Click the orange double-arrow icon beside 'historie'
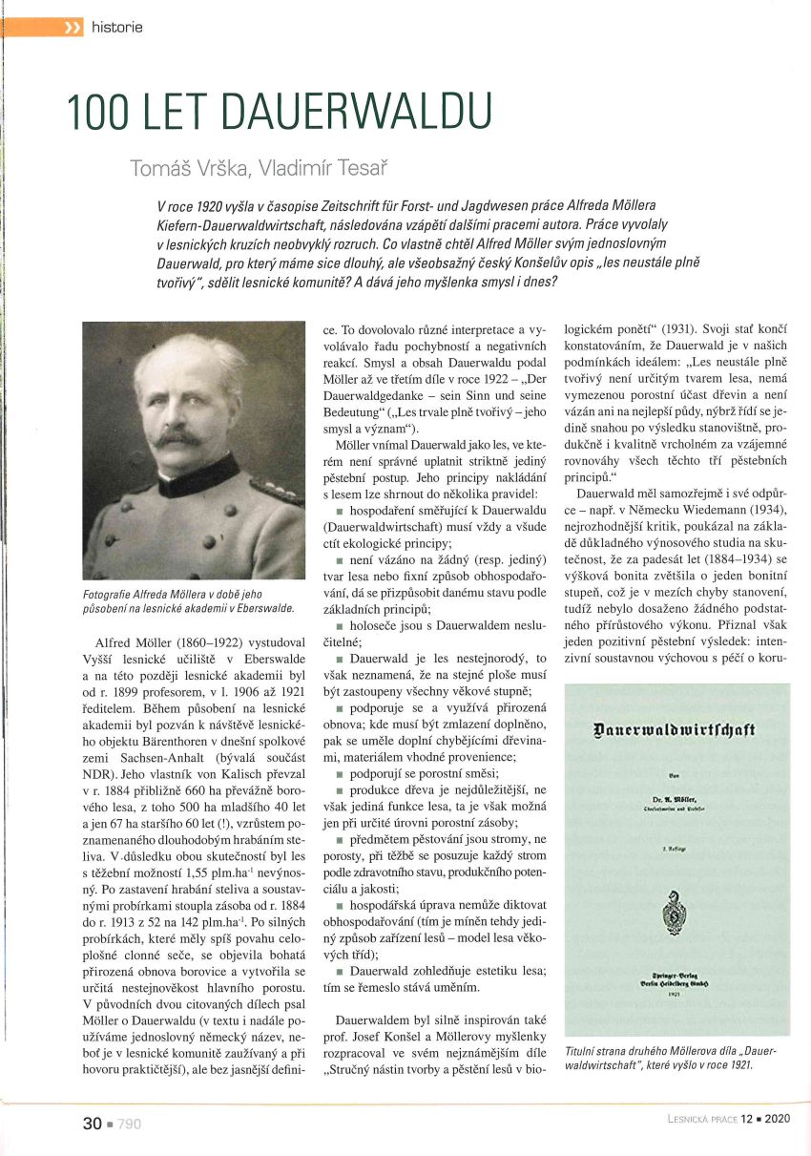(73, 27)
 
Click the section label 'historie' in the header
(117, 27)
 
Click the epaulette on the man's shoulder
(276, 491)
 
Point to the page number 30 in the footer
(92, 1124)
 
